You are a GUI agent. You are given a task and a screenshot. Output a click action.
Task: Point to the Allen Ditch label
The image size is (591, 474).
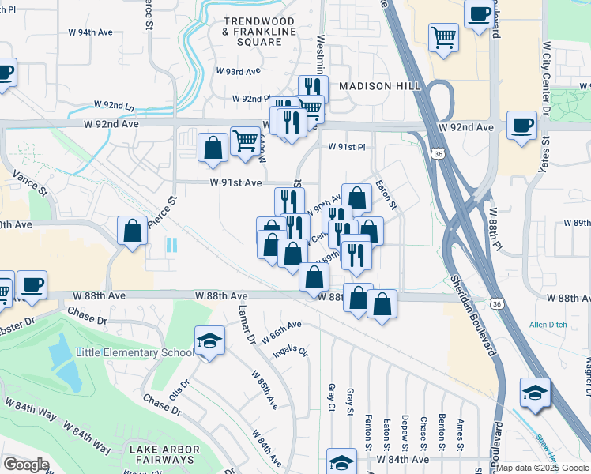pos(548,325)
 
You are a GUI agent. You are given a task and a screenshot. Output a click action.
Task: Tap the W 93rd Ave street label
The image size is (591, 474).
pos(238,70)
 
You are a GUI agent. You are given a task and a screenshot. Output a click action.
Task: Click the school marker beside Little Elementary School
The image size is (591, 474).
pos(209,342)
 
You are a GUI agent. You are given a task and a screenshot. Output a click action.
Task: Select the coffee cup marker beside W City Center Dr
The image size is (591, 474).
pos(521,126)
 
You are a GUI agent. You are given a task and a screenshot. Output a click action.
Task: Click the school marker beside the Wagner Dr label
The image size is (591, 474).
pos(535,392)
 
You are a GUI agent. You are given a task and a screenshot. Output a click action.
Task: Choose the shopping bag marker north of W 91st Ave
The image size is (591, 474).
pos(213,148)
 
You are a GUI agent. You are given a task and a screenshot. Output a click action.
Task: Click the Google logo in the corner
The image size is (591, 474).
pos(26,464)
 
